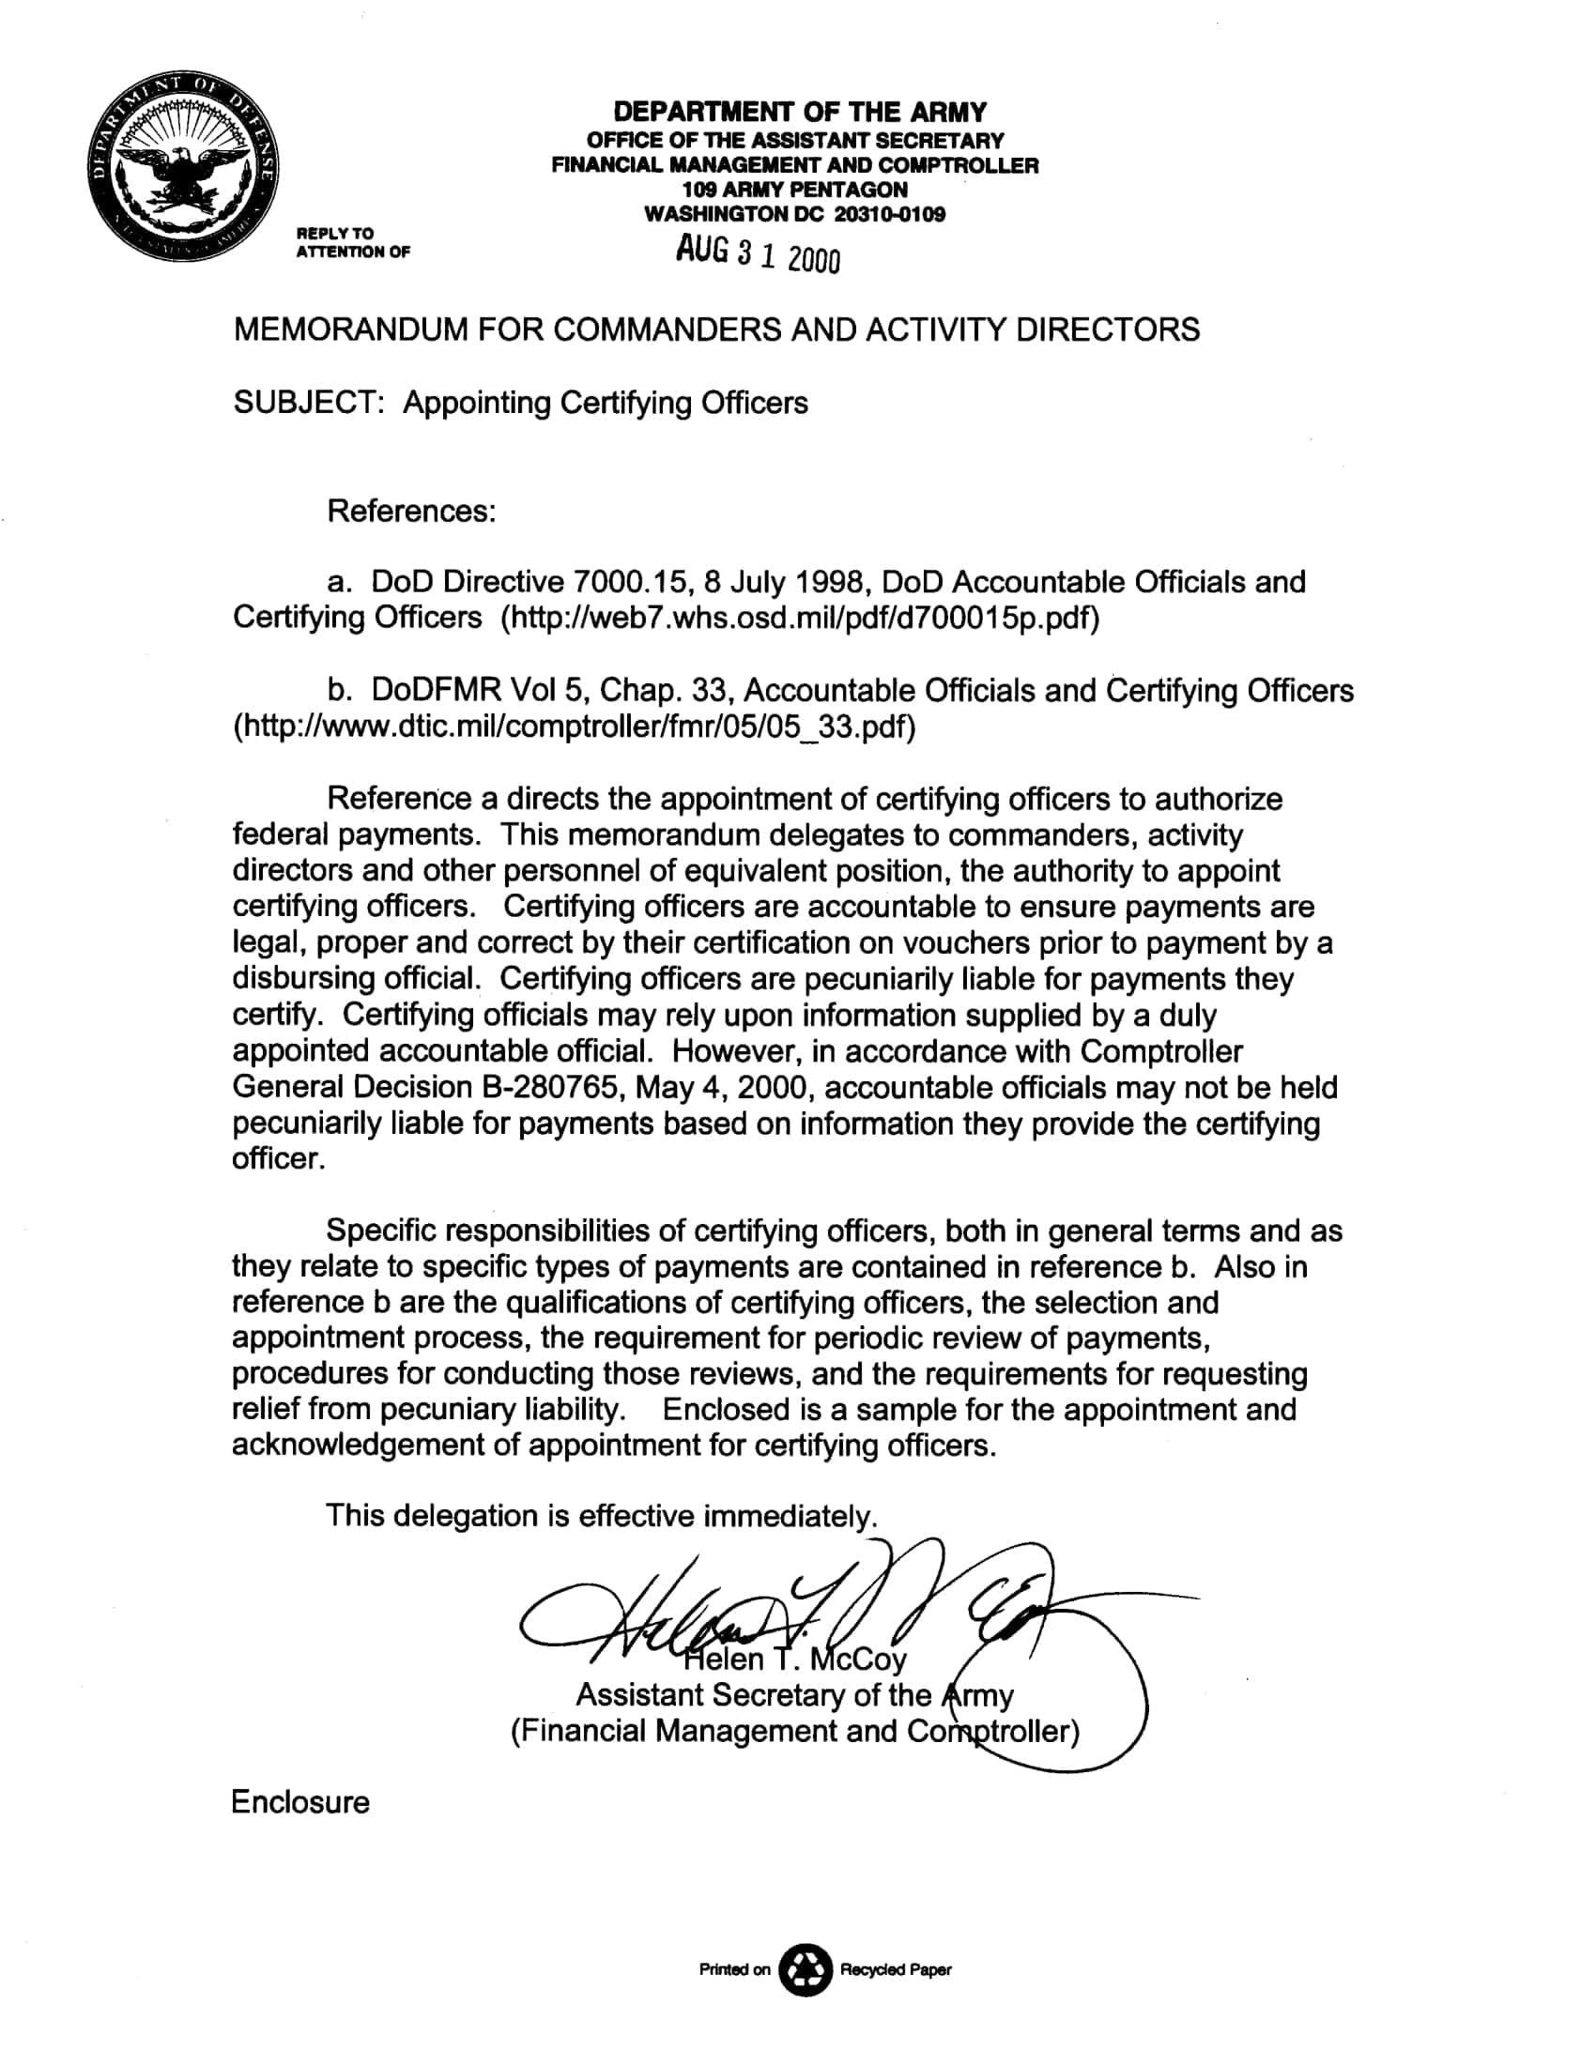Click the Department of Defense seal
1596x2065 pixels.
(183, 167)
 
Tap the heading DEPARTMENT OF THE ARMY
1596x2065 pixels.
(799, 113)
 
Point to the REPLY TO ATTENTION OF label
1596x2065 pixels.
(353, 242)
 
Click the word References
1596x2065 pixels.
(410, 512)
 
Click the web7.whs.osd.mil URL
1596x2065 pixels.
(800, 619)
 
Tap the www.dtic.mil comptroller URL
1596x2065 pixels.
(574, 727)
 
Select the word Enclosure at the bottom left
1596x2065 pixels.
(299, 1802)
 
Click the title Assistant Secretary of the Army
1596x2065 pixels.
(794, 1695)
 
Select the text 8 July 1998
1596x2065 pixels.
(782, 583)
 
